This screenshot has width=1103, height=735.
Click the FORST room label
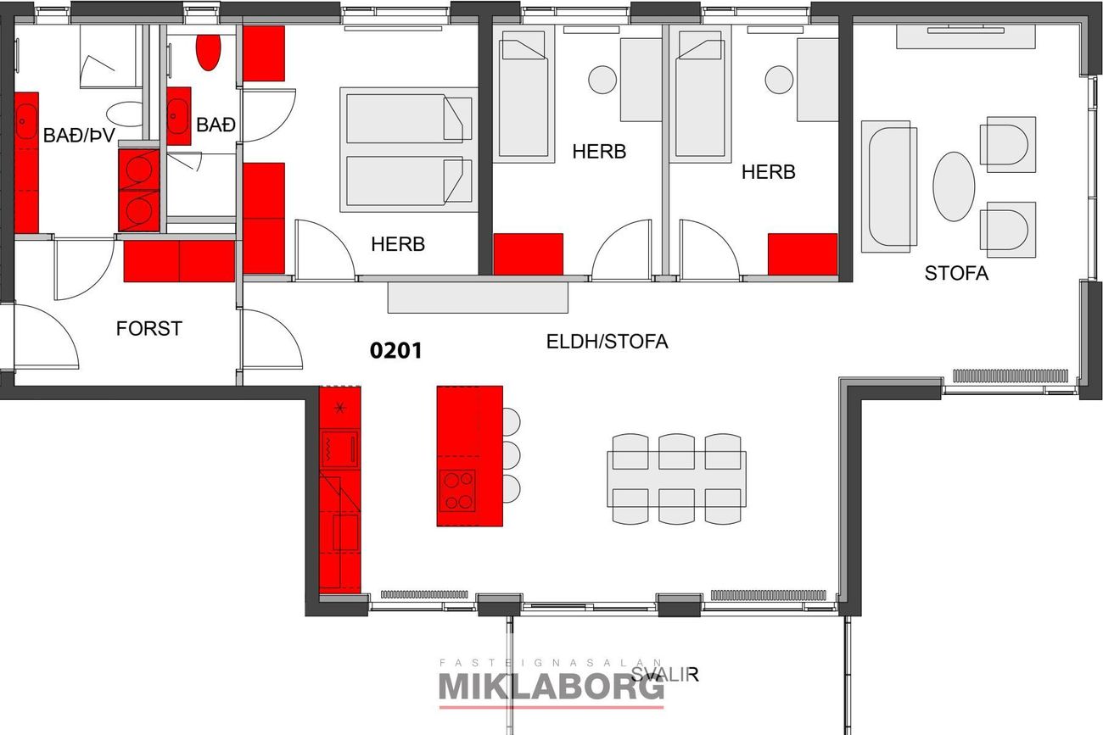point(149,328)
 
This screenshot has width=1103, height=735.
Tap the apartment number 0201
point(396,351)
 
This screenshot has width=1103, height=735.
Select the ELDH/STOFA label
point(607,342)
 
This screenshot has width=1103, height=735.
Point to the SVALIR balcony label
point(664,674)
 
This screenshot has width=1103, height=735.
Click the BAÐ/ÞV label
point(79,136)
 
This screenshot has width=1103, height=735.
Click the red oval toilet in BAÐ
point(208,52)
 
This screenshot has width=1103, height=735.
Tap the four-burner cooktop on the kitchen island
point(458,491)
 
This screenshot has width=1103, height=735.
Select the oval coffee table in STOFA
point(954,187)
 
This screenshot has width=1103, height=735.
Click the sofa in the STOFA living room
point(889,187)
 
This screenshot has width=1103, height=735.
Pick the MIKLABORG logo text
point(551,688)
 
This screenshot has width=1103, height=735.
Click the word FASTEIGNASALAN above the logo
point(551,663)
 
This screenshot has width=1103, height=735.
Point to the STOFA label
point(956,273)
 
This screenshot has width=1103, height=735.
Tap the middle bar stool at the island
point(512,455)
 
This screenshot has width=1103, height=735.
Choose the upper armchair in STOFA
point(1008,144)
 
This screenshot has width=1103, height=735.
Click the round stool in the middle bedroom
point(602,80)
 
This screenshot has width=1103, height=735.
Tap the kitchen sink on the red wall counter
point(345,532)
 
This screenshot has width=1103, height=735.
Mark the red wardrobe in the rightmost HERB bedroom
point(803,253)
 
